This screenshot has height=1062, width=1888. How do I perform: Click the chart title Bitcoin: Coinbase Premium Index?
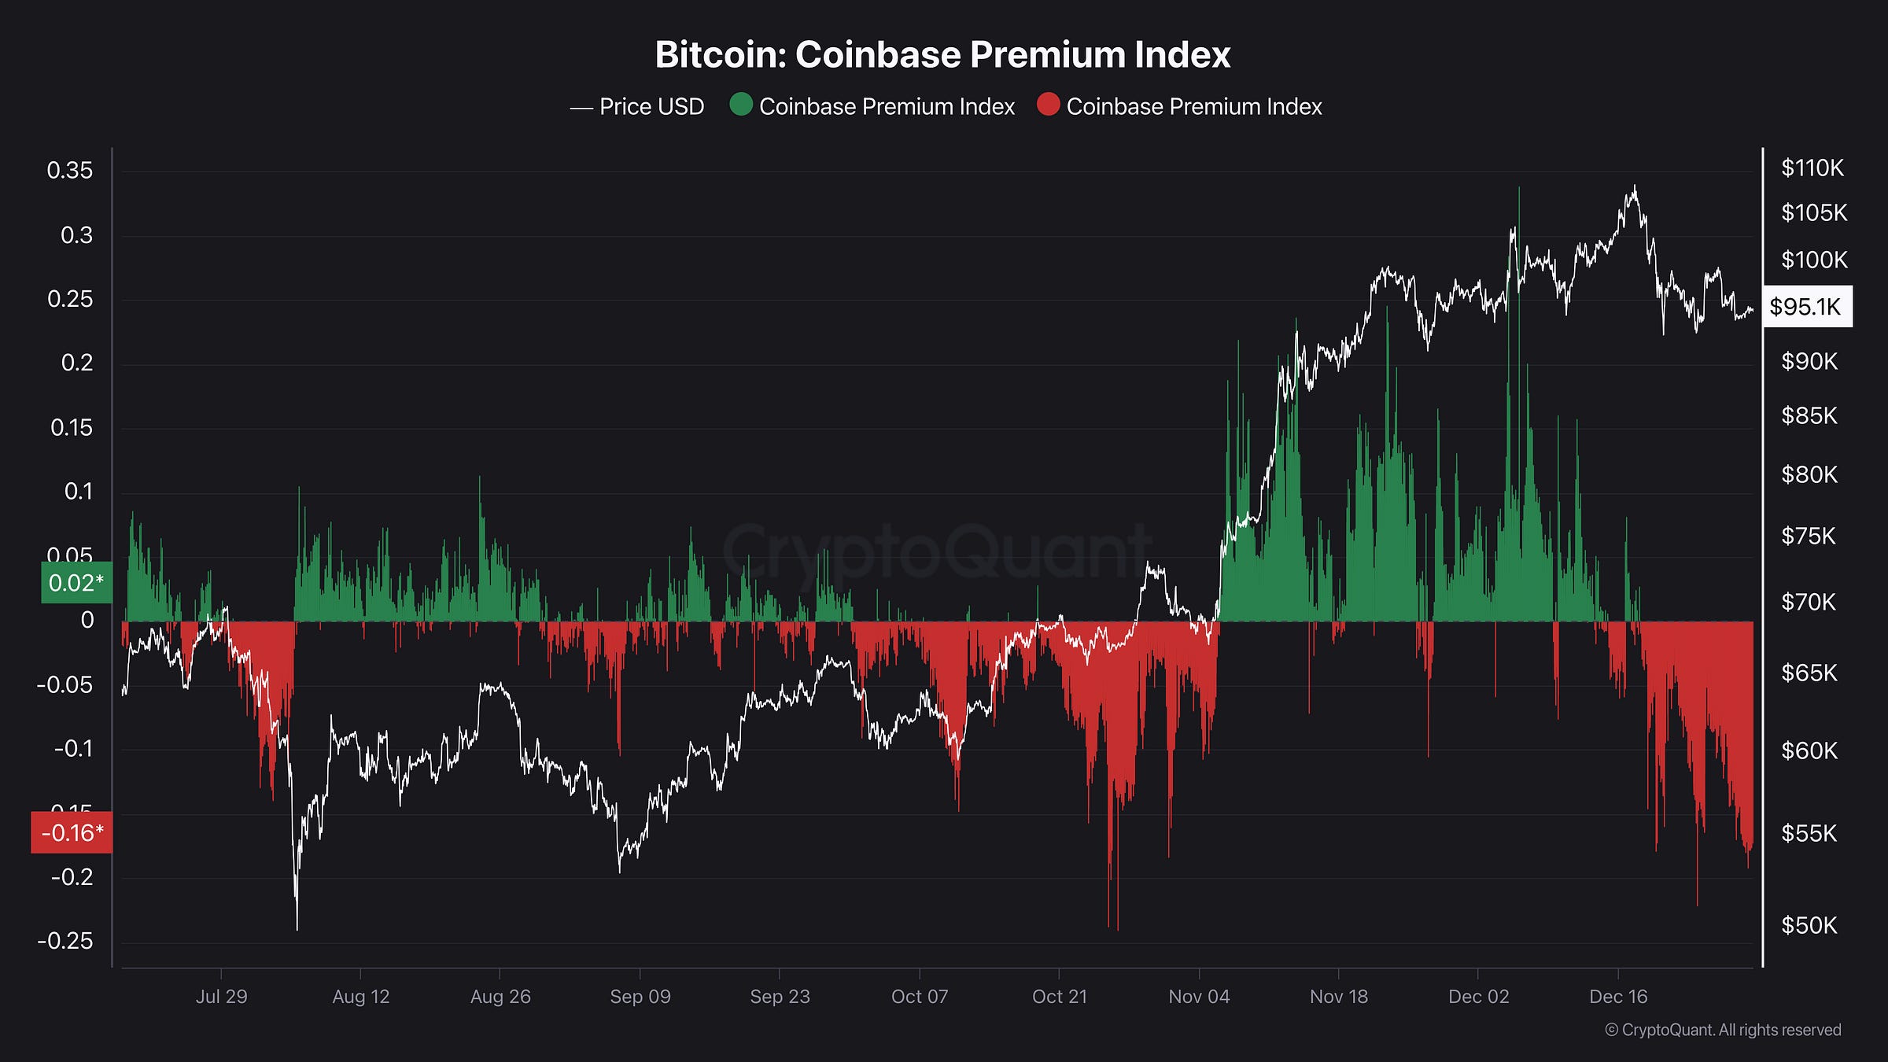coord(942,55)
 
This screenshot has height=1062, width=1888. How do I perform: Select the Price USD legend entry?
coord(637,107)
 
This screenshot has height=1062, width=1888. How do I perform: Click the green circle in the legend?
coord(740,105)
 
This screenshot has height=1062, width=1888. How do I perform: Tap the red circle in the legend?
coord(1048,105)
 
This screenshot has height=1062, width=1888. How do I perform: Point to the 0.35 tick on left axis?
coord(69,171)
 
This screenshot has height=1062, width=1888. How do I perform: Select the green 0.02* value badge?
coord(76,583)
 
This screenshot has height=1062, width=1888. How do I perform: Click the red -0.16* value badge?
coord(72,832)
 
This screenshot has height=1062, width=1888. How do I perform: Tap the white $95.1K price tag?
coord(1806,307)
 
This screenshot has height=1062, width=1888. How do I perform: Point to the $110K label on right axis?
coord(1812,168)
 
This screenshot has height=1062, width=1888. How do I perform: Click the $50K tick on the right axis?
coord(1809,925)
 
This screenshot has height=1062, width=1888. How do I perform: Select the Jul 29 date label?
coord(221,997)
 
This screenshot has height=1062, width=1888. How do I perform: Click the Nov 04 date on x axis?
coord(1198,997)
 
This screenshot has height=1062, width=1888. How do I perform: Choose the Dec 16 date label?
coord(1617,997)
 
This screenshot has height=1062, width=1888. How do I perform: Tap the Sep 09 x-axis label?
coord(640,997)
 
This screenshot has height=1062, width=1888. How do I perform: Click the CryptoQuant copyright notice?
coord(1723,1031)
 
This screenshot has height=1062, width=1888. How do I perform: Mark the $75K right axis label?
coord(1808,537)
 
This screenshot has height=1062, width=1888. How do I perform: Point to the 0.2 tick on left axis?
coord(76,363)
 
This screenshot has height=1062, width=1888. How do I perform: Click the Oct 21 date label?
coord(1059,997)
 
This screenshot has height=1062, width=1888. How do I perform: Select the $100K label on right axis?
coord(1813,260)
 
